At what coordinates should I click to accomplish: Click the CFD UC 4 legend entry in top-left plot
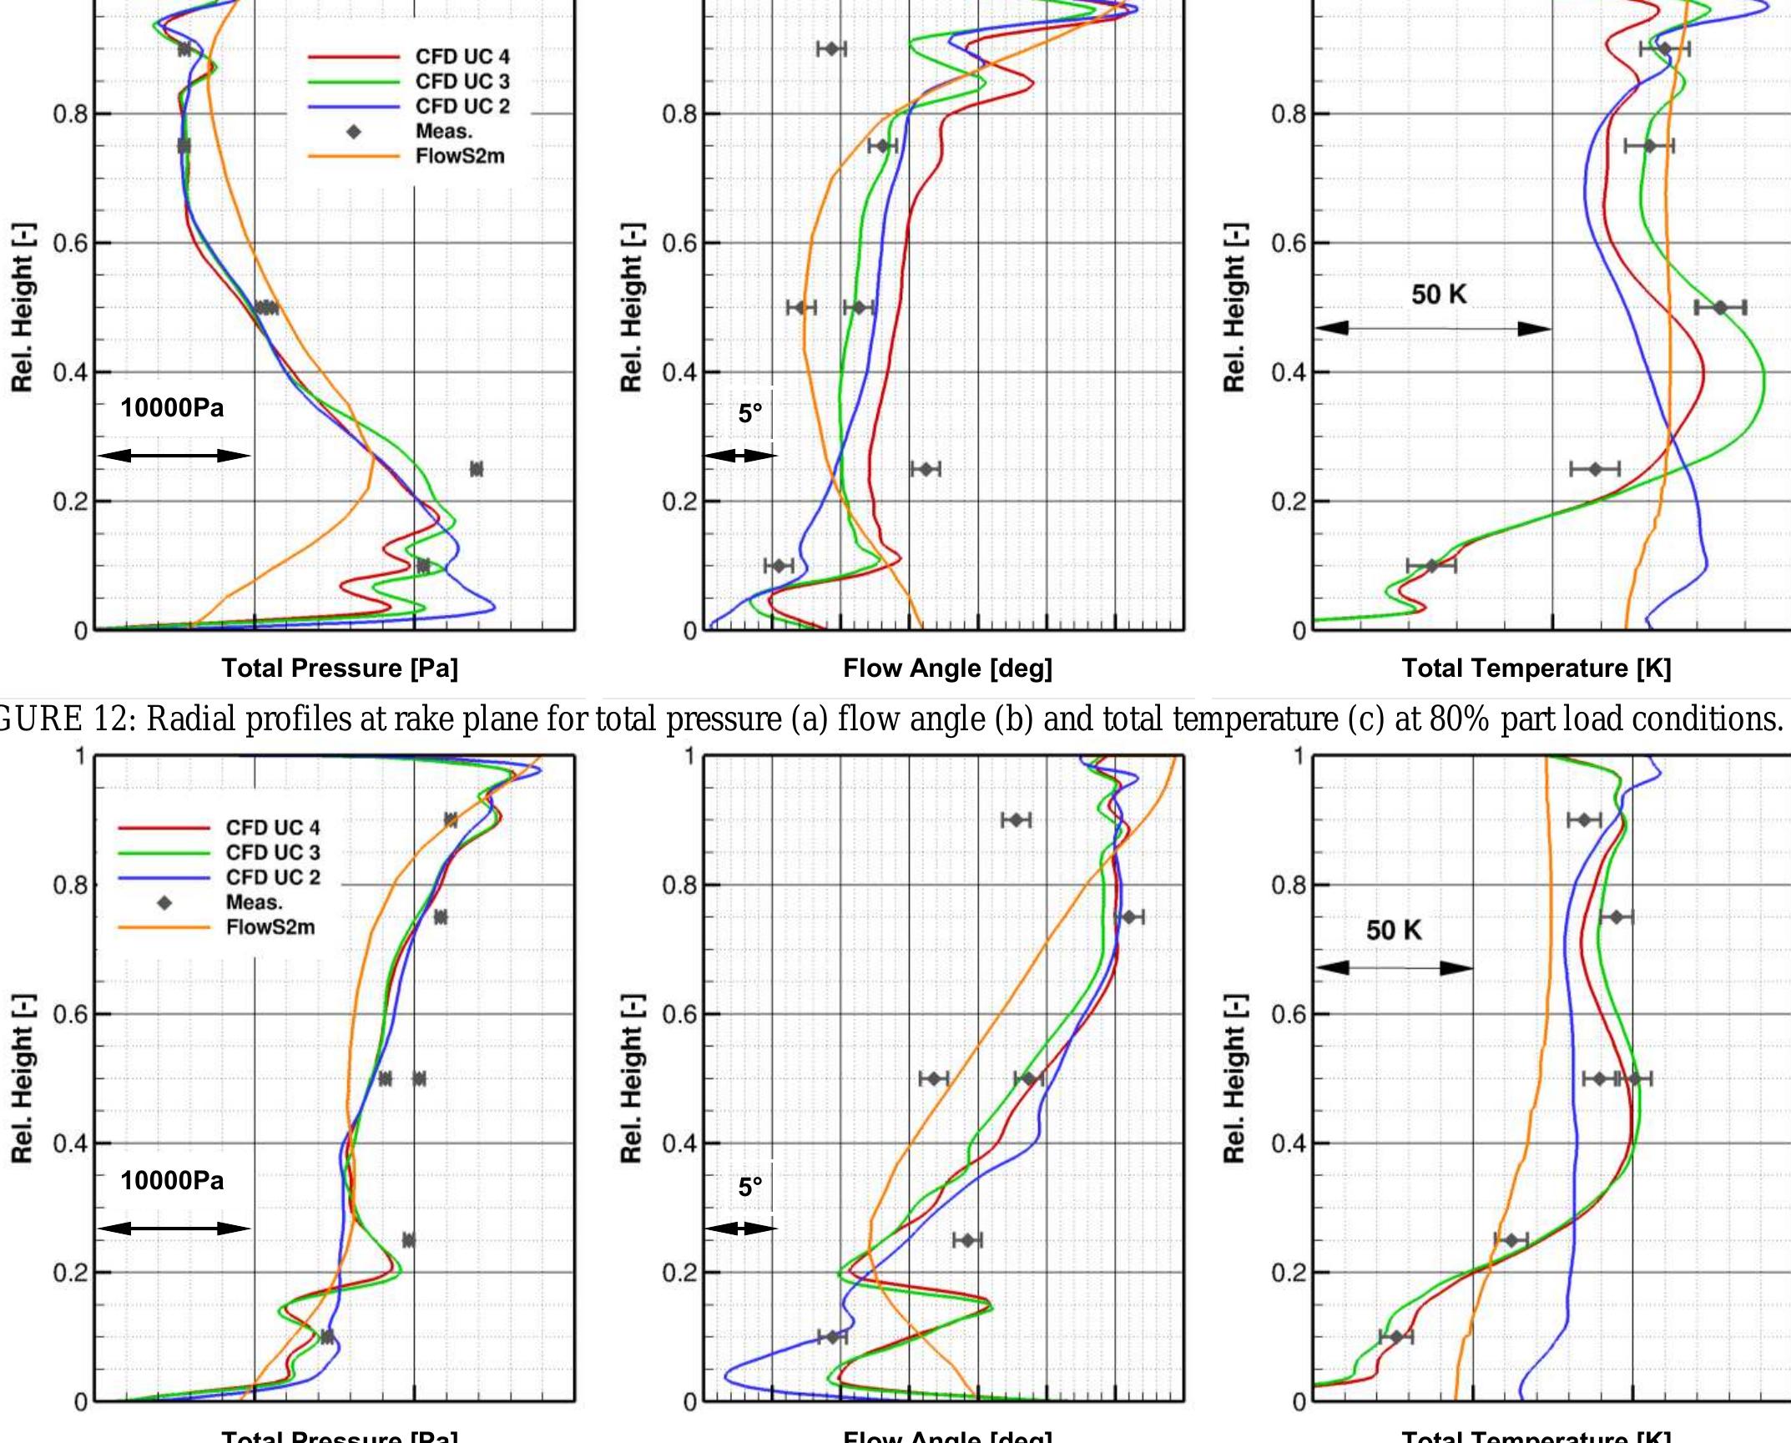(x=462, y=57)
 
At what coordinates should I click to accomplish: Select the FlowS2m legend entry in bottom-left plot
(x=270, y=927)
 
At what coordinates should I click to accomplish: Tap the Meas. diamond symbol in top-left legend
(x=353, y=132)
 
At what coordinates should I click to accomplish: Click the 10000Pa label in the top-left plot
(x=172, y=408)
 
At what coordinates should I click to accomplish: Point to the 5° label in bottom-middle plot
(x=749, y=1186)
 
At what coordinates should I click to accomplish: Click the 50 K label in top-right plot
(x=1438, y=295)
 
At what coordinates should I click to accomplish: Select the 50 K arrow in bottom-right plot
(x=1395, y=968)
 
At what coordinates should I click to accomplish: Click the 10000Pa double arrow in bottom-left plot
(x=174, y=1228)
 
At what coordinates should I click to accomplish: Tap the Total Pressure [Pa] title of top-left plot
(x=339, y=668)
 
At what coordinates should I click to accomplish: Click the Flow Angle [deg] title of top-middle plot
(x=947, y=668)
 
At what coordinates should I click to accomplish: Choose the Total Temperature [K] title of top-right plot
(x=1536, y=668)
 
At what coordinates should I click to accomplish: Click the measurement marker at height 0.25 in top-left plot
(x=476, y=469)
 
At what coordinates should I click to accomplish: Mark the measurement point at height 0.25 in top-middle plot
(x=925, y=469)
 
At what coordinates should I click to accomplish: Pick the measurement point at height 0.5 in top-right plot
(x=1719, y=308)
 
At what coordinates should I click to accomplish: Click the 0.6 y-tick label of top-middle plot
(x=679, y=244)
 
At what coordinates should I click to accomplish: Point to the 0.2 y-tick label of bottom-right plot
(x=1289, y=1273)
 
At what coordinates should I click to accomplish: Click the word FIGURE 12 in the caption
(x=42, y=719)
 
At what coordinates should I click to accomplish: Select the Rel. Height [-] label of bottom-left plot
(x=22, y=1078)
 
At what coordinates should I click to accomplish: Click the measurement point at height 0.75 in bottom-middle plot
(x=1129, y=917)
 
